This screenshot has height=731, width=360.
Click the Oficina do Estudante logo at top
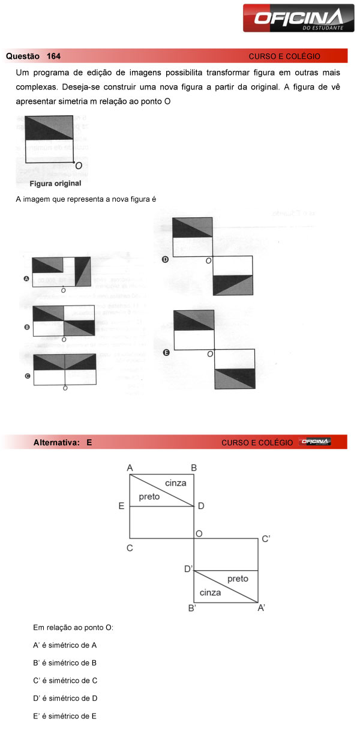298,17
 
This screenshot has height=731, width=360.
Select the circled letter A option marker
26,278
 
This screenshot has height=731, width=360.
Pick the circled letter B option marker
27,327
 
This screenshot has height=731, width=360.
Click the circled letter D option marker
166,259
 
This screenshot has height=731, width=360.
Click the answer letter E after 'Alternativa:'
89,442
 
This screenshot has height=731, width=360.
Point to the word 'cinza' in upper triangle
175,483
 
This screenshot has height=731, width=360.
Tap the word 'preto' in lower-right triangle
238,579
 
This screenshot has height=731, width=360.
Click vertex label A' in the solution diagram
262,608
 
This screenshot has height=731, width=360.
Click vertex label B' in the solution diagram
192,608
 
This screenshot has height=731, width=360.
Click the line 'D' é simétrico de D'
65,698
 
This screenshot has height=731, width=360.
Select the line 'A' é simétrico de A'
65,645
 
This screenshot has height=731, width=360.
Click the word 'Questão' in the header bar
22,56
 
